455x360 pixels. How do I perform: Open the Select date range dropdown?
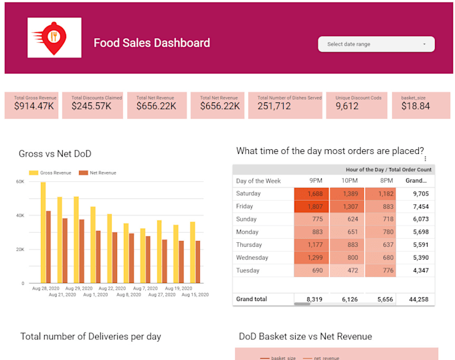click(376, 44)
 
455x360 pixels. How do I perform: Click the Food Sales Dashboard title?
click(152, 43)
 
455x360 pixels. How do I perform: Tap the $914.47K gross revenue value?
click(34, 106)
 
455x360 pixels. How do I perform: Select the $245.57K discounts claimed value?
click(90, 106)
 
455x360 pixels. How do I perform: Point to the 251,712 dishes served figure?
click(274, 106)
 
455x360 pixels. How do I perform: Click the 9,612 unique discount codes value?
click(347, 106)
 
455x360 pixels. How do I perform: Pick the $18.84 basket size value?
click(416, 106)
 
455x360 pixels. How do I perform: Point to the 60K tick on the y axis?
click(20, 181)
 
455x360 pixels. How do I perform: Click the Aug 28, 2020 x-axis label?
click(45, 288)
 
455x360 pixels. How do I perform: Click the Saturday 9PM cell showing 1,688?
click(314, 194)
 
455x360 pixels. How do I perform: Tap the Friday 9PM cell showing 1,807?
click(314, 207)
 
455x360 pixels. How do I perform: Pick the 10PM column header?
click(350, 181)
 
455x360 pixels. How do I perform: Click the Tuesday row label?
click(248, 270)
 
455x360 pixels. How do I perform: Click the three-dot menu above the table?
click(426, 159)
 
